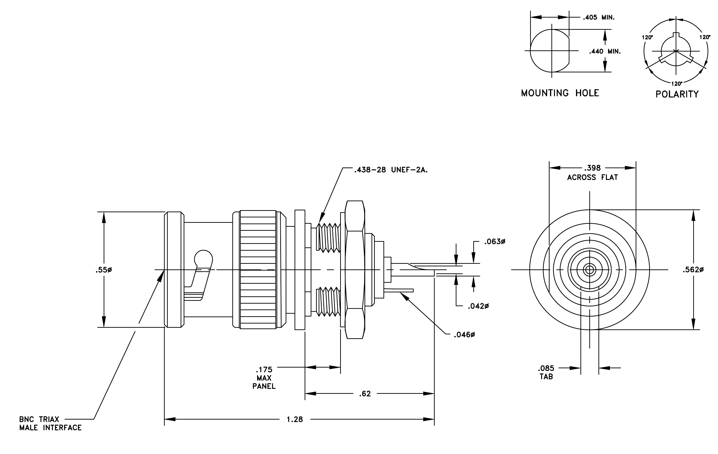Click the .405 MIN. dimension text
point(599,17)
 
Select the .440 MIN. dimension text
point(605,51)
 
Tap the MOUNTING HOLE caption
point(560,93)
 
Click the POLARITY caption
point(677,94)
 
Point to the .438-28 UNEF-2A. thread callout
point(391,170)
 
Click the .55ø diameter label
point(104,270)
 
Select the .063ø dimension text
point(495,242)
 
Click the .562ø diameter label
point(693,270)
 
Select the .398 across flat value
point(592,168)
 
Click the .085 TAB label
point(546,372)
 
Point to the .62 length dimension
point(365,394)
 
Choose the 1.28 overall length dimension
point(295,420)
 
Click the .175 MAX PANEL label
point(264,378)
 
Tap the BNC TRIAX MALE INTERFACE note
point(50,424)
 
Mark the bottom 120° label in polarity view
point(677,84)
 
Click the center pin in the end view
point(590,270)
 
